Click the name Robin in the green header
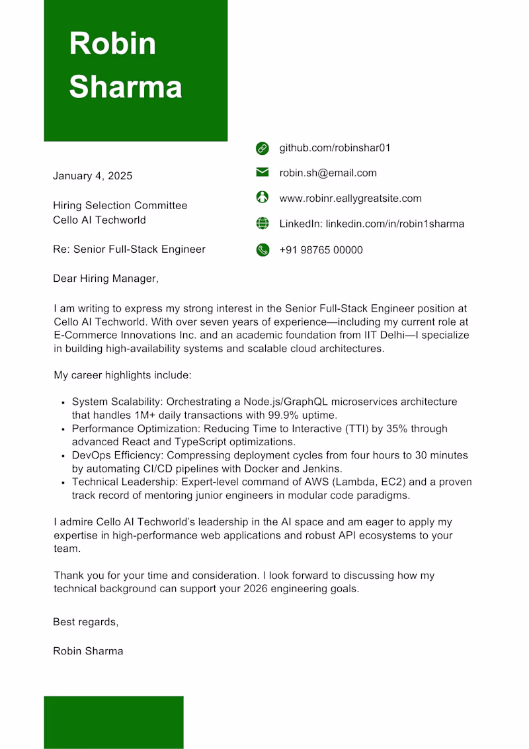(112, 44)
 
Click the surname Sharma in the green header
(126, 87)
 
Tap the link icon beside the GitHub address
(263, 148)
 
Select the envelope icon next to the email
(263, 173)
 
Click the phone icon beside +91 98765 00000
(263, 250)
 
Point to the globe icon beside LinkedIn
(263, 224)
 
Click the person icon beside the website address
(263, 197)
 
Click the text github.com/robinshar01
(335, 148)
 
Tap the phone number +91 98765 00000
(321, 250)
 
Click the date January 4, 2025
(93, 176)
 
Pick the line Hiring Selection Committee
(120, 206)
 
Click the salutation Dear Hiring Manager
(106, 279)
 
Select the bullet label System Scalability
(116, 402)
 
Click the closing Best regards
(85, 622)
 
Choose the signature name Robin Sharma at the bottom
(88, 651)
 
